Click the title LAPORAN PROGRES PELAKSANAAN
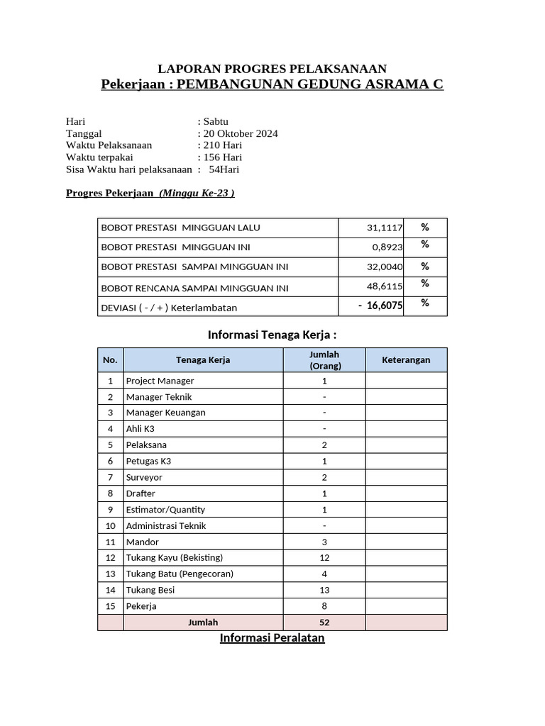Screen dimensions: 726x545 [272, 69]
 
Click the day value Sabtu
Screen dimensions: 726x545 [216, 121]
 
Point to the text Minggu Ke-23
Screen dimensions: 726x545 [197, 193]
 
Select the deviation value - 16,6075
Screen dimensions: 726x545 [380, 306]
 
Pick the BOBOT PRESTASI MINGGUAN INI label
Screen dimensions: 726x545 [175, 247]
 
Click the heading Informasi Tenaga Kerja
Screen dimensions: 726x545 [272, 335]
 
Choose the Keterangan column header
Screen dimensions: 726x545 [406, 360]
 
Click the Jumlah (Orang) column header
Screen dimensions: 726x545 [324, 360]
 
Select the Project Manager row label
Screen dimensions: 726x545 [160, 381]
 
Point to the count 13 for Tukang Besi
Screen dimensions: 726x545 [324, 590]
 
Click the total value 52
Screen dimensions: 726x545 [324, 622]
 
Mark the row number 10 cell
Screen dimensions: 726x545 [110, 525]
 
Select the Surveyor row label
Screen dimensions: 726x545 [144, 477]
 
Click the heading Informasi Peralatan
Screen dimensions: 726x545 [272, 638]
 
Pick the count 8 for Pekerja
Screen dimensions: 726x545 [324, 606]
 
